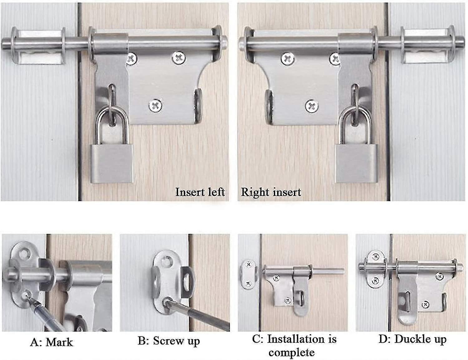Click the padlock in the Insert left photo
click(x=110, y=162)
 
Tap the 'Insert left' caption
click(x=200, y=192)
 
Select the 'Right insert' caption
click(x=271, y=192)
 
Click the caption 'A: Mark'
click(x=51, y=342)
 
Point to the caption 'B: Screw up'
click(x=168, y=341)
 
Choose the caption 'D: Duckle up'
click(x=412, y=339)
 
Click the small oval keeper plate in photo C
click(x=248, y=274)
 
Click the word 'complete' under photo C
click(x=291, y=353)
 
